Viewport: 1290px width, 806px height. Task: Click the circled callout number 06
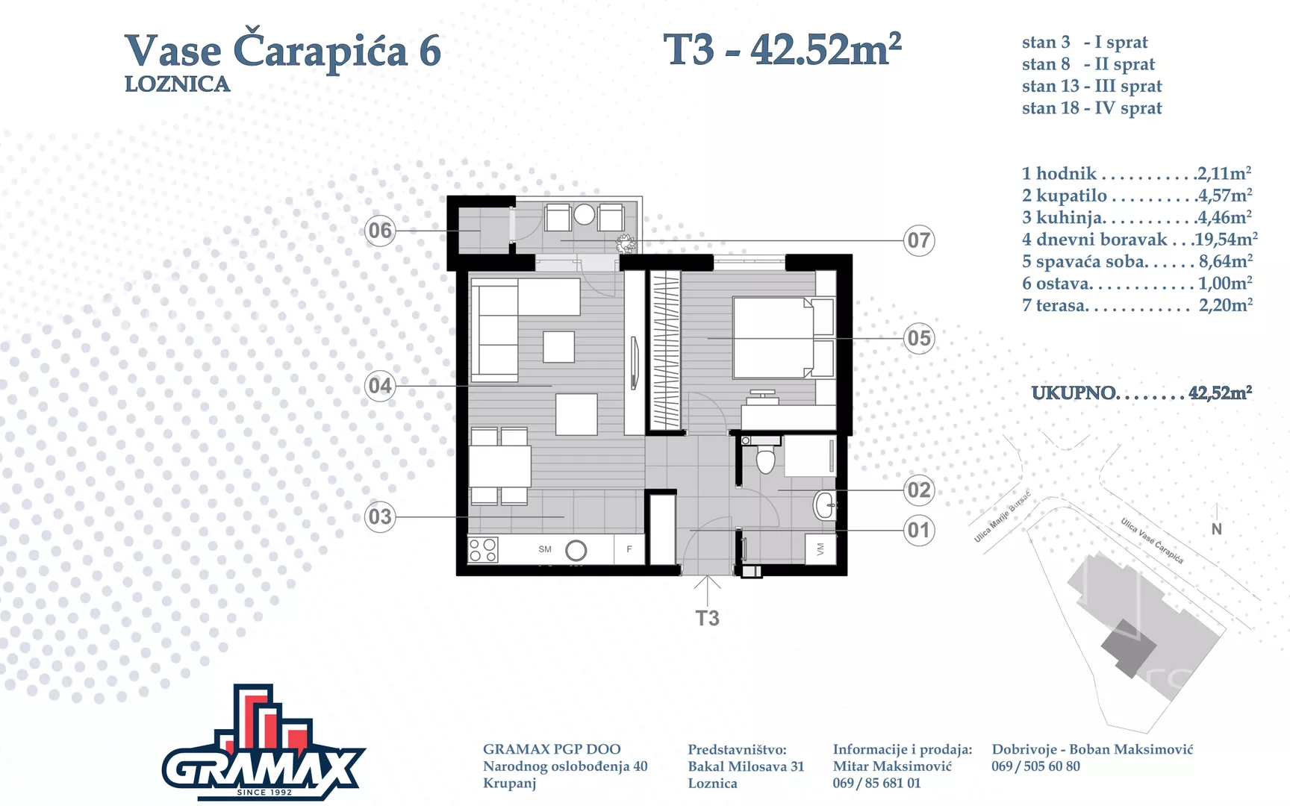click(x=380, y=231)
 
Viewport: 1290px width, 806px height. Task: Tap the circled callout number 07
click(x=919, y=240)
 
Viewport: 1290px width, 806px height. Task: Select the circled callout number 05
click(x=919, y=338)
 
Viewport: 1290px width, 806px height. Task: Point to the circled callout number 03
click(x=380, y=516)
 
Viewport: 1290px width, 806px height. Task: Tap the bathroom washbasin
click(x=824, y=505)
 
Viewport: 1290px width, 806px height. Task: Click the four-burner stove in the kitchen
click(x=483, y=550)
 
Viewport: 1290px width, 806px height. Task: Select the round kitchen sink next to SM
click(x=576, y=551)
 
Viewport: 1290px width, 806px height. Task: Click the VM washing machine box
click(x=820, y=549)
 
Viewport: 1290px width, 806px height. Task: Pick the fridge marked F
click(x=629, y=549)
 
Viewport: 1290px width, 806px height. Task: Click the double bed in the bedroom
click(x=783, y=338)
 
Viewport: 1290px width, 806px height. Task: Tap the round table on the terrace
click(x=585, y=215)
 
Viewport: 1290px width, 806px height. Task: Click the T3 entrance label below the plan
click(x=708, y=618)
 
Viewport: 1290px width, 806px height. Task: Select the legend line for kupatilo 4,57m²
click(x=1137, y=196)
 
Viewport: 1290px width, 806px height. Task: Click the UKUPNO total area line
click(x=1142, y=393)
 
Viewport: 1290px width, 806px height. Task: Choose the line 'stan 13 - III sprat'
click(x=1092, y=87)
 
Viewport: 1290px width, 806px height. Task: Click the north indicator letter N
click(x=1217, y=529)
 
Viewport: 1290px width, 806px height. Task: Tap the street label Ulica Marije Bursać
click(x=1003, y=516)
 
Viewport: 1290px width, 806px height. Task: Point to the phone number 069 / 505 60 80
click(x=1035, y=766)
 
